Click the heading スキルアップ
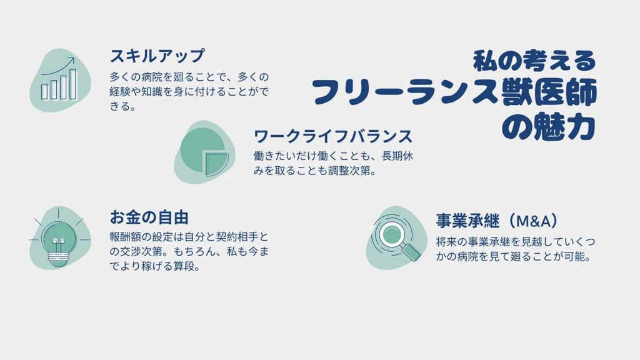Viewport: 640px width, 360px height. pyautogui.click(x=157, y=56)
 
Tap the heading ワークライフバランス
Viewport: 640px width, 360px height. pyautogui.click(x=333, y=136)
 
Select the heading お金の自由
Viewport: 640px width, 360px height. pyautogui.click(x=149, y=217)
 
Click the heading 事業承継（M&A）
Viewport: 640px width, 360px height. pyautogui.click(x=497, y=221)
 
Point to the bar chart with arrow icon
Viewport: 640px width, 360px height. pyautogui.click(x=59, y=79)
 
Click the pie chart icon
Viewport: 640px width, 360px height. pyautogui.click(x=204, y=152)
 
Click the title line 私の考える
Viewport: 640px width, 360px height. pyautogui.click(x=535, y=61)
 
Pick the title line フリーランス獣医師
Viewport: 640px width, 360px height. pyautogui.click(x=454, y=92)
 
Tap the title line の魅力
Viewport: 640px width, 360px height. pyautogui.click(x=549, y=126)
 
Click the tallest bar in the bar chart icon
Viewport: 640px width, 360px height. pyautogui.click(x=73, y=84)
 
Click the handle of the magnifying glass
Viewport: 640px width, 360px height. pyautogui.click(x=412, y=252)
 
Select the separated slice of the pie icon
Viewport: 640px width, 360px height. pyautogui.click(x=217, y=164)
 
